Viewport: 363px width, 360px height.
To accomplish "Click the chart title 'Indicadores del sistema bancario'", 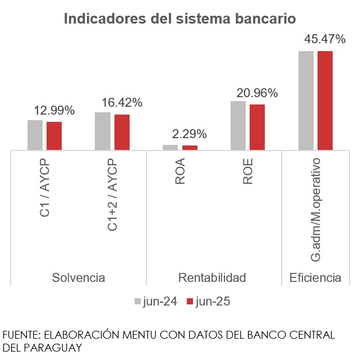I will pos(180,19).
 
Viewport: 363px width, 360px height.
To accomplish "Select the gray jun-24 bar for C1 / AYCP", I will pos(35,135).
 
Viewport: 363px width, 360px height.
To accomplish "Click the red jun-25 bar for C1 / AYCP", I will pos(54,136).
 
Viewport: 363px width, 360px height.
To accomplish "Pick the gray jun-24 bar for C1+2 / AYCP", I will pos(103,131).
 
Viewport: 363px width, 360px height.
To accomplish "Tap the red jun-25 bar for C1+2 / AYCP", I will pos(122,133).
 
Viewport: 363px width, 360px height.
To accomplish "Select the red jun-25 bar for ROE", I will pos(257,127).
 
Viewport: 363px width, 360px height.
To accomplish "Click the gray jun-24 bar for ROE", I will pos(238,126).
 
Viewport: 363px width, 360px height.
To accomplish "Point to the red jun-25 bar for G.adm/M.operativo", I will pos(325,101).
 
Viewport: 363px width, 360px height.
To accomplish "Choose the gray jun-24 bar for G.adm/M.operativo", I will pos(306,101).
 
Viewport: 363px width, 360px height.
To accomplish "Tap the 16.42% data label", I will pos(122,103).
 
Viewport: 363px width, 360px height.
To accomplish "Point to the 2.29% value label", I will pos(190,134).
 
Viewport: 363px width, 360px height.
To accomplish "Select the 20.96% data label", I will pos(258,93).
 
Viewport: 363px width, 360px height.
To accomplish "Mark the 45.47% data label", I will pos(325,39).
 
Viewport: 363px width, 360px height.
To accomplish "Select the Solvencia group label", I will pos(79,278).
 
